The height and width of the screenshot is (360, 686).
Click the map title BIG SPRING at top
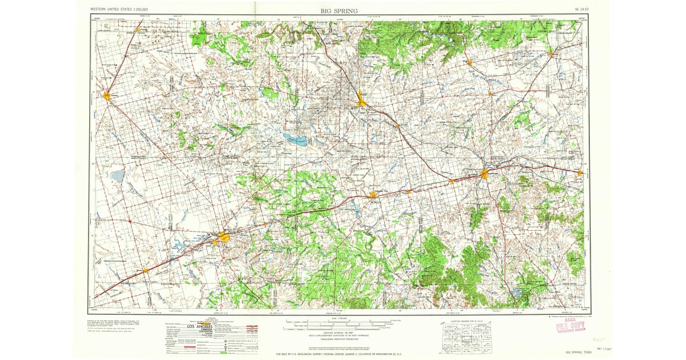340,10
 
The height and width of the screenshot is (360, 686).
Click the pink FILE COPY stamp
570,326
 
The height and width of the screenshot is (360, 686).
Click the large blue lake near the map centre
294,139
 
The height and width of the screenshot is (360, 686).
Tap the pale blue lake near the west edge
117,175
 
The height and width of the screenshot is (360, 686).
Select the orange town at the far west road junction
107,95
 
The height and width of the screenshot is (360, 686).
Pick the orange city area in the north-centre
361,102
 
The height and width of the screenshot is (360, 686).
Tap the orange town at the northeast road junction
551,54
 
